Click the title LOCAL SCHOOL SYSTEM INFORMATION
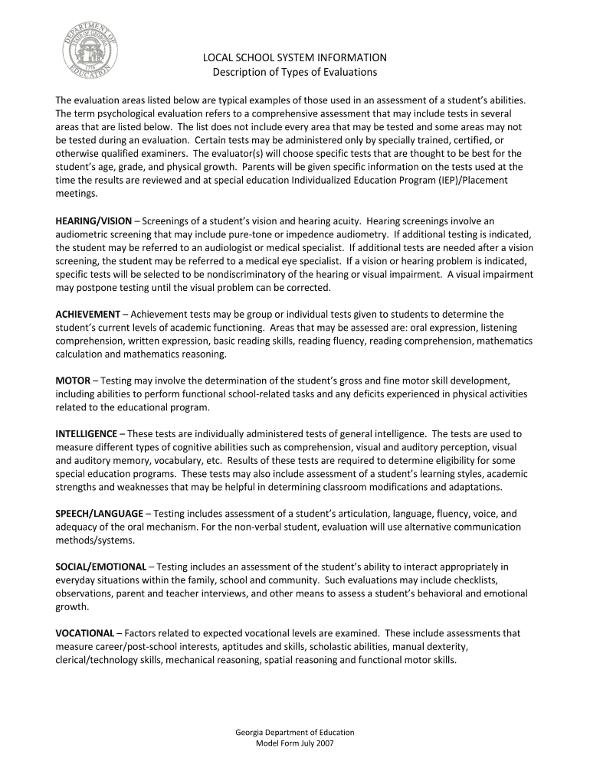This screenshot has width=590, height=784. [294, 57]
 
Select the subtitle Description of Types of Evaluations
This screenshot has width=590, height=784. [294, 72]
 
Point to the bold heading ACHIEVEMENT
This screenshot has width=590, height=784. [87, 314]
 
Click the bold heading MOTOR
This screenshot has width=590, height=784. [73, 380]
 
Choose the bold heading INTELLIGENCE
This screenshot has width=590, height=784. [87, 433]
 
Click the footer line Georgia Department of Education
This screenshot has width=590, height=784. [294, 732]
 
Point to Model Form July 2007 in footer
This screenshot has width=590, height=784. [294, 743]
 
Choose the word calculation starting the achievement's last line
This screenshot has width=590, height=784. [80, 354]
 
